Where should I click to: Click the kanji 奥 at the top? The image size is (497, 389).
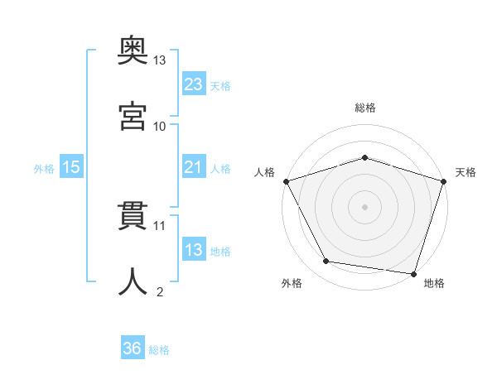tap(133, 50)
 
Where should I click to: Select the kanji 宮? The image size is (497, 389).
tap(133, 116)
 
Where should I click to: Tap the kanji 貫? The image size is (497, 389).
tap(133, 216)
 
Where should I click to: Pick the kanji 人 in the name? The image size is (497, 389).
tap(133, 281)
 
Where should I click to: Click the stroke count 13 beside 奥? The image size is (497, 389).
tap(159, 60)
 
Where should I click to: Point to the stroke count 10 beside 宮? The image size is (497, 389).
tap(159, 127)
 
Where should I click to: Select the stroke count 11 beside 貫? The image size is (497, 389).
tap(159, 226)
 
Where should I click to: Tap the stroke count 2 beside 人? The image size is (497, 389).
tap(160, 291)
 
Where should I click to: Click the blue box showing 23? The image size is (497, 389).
tap(194, 83)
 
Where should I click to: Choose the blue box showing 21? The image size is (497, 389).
tap(194, 166)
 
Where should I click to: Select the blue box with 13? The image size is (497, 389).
tap(194, 248)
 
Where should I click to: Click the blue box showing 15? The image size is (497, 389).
tap(71, 166)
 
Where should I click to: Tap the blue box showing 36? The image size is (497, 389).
tap(133, 347)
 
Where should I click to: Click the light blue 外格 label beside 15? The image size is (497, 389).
tap(44, 169)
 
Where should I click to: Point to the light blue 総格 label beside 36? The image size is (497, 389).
tap(159, 350)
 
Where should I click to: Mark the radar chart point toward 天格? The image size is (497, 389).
tap(444, 181)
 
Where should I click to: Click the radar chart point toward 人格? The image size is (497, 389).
tap(287, 181)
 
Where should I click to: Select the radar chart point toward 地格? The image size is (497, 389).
tap(413, 274)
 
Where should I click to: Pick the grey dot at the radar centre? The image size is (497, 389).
tap(364, 207)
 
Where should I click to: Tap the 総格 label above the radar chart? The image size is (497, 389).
tap(365, 108)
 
